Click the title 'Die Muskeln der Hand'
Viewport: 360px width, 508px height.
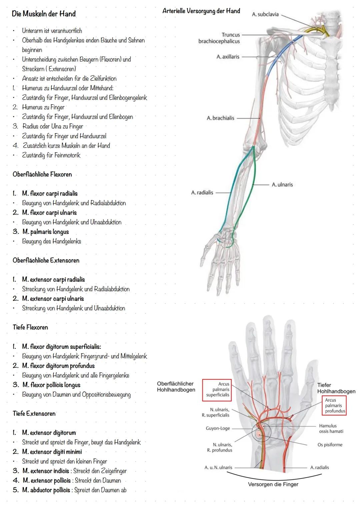pos(44,14)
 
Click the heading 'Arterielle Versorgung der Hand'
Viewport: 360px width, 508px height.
pos(201,11)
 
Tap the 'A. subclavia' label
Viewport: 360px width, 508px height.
pos(265,14)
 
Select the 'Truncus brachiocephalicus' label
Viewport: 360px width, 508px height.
pos(219,38)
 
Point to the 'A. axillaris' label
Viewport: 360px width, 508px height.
pos(228,57)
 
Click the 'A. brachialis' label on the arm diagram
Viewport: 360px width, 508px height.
pos(220,118)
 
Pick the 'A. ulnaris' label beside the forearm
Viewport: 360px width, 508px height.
pos(282,185)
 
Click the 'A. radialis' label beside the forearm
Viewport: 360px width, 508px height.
pos(202,193)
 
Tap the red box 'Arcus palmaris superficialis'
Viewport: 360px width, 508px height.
pos(218,389)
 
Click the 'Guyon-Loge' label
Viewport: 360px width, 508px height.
pos(218,428)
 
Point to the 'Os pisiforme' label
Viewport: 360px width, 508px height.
pos(330,445)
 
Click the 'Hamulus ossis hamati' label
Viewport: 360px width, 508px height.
pos(331,428)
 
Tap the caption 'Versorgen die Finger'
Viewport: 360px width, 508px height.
pos(273,484)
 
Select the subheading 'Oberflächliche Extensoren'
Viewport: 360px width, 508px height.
pos(46,260)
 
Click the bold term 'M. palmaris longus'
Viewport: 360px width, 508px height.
pos(46,232)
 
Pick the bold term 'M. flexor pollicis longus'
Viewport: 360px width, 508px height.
pos(51,385)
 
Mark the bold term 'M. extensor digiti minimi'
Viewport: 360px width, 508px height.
pos(52,452)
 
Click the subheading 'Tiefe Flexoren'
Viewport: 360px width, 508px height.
pos(30,327)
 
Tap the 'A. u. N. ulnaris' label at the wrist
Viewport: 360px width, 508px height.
pos(218,467)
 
